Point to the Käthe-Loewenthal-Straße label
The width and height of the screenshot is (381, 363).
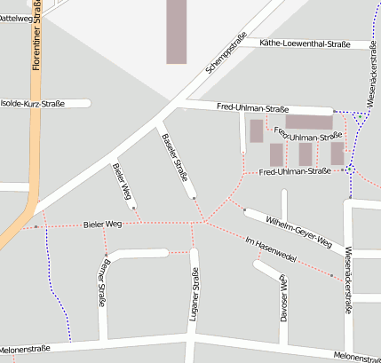(306, 43)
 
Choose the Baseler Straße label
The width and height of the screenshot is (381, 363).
(175, 160)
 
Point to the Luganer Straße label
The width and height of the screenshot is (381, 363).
(194, 298)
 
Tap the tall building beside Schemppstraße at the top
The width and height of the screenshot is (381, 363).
(177, 30)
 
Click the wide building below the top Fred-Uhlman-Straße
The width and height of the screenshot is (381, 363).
(307, 122)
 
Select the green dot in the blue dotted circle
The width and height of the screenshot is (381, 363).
(350, 168)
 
